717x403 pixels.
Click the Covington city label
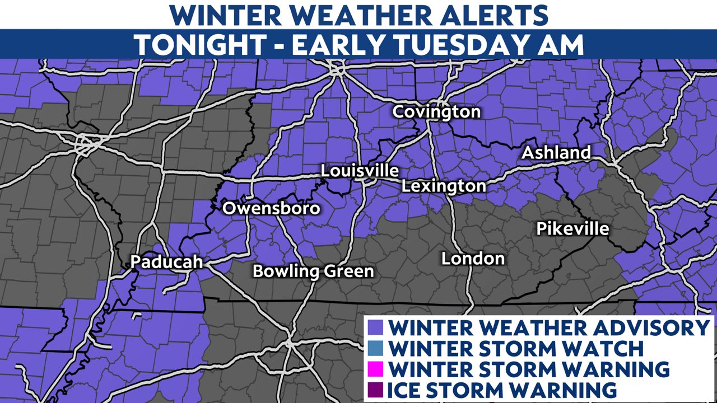click(x=436, y=112)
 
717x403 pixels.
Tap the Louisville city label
click(x=360, y=171)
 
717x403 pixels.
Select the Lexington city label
click(x=444, y=186)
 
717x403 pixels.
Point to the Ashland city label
click(x=556, y=152)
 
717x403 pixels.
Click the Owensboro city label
click(x=271, y=208)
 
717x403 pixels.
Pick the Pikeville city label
click(x=572, y=229)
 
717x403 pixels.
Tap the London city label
click(x=473, y=259)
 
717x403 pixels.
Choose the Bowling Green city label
click(x=313, y=271)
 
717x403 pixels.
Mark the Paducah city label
click(x=166, y=261)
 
